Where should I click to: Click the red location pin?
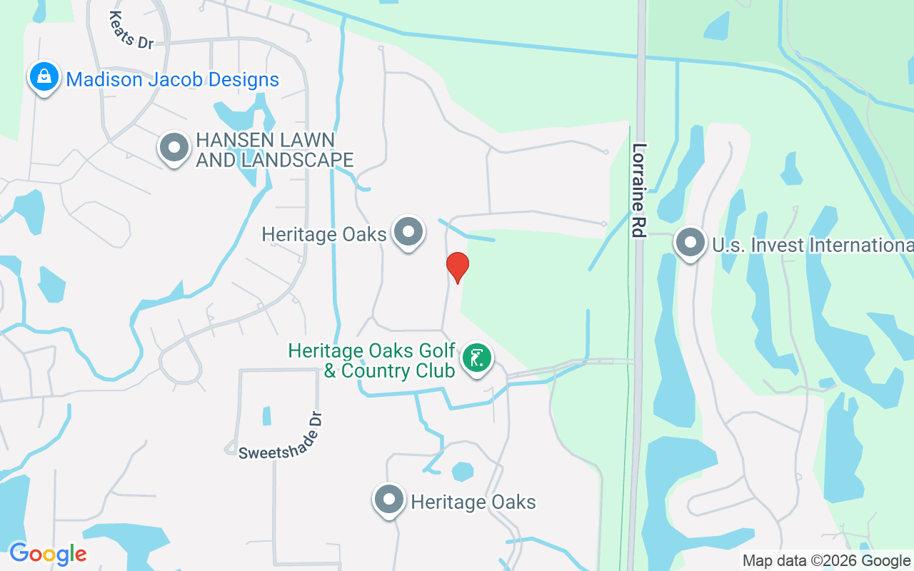click(x=457, y=267)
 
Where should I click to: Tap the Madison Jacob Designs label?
click(x=172, y=79)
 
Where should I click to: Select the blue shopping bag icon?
click(x=44, y=76)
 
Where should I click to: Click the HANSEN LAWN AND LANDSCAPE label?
click(x=275, y=150)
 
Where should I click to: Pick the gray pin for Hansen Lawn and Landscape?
click(x=174, y=148)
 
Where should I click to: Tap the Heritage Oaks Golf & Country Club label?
click(x=371, y=361)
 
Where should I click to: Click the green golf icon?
click(x=476, y=358)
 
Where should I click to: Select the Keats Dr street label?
click(x=132, y=30)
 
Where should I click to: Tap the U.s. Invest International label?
click(x=813, y=246)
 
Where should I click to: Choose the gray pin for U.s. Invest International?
click(x=690, y=243)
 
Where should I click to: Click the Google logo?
click(x=48, y=554)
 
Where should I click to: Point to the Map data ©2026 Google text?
click(x=827, y=561)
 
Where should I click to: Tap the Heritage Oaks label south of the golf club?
click(x=473, y=502)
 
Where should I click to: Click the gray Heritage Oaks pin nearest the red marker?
click(x=409, y=232)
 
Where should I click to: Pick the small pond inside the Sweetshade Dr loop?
click(x=267, y=415)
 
